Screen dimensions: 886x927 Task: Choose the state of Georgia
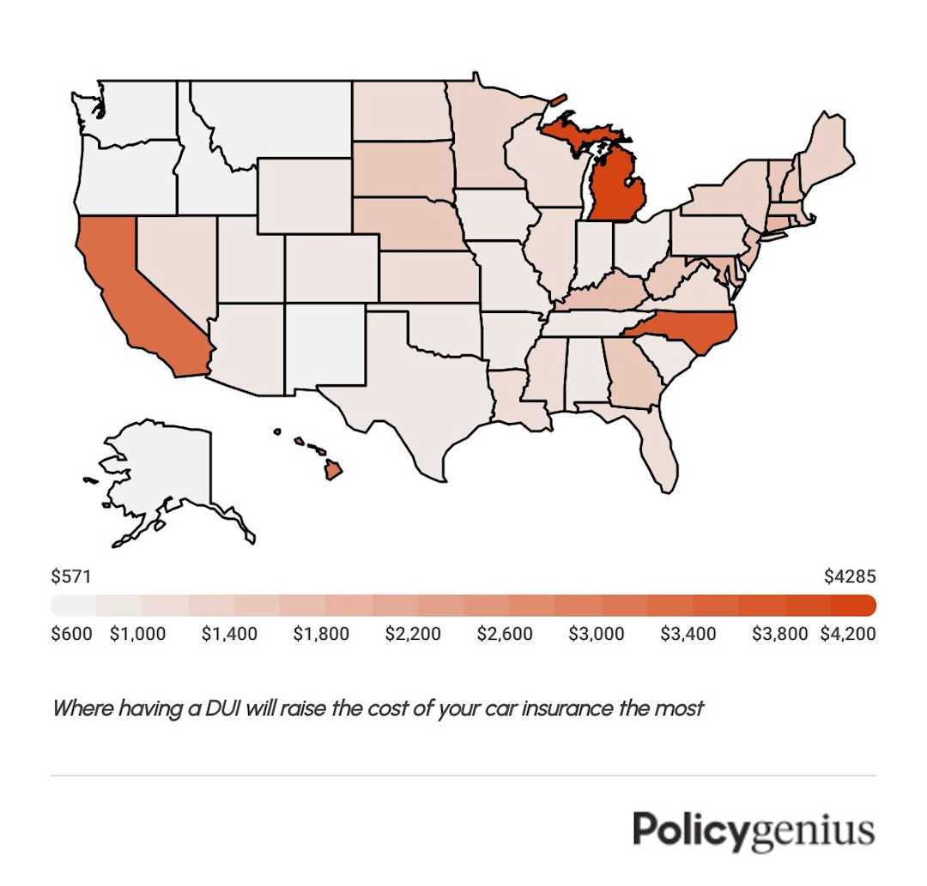(x=631, y=373)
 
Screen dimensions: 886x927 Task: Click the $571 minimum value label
(x=71, y=576)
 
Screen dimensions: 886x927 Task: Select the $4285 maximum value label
(x=850, y=576)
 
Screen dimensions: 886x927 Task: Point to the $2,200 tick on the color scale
(x=412, y=635)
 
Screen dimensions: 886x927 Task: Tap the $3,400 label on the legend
(x=688, y=635)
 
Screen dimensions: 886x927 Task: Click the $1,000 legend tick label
(x=138, y=635)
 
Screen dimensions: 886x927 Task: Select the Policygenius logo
(x=754, y=830)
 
